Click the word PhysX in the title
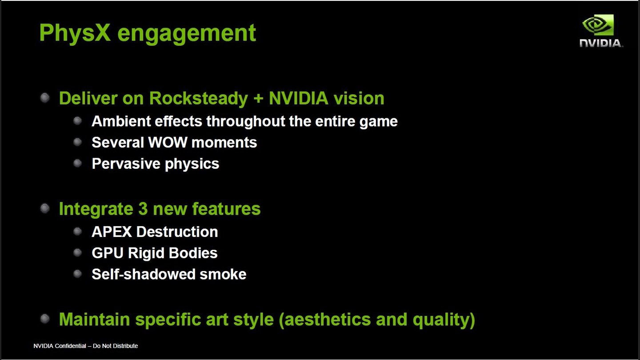pyautogui.click(x=75, y=33)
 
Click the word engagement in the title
pyautogui.click(x=187, y=34)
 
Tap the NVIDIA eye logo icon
pyautogui.click(x=598, y=25)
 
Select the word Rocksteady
pyautogui.click(x=199, y=98)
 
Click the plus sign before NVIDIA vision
pyautogui.click(x=258, y=99)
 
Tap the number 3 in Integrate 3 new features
pyautogui.click(x=143, y=208)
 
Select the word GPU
pyautogui.click(x=108, y=253)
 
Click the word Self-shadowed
pyautogui.click(x=143, y=274)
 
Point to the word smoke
pyautogui.click(x=223, y=274)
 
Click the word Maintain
pyautogui.click(x=94, y=319)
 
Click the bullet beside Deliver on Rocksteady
pyautogui.click(x=45, y=98)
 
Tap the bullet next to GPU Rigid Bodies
pyautogui.click(x=77, y=252)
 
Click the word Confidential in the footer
pyautogui.click(x=70, y=346)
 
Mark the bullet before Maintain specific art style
pyautogui.click(x=45, y=319)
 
